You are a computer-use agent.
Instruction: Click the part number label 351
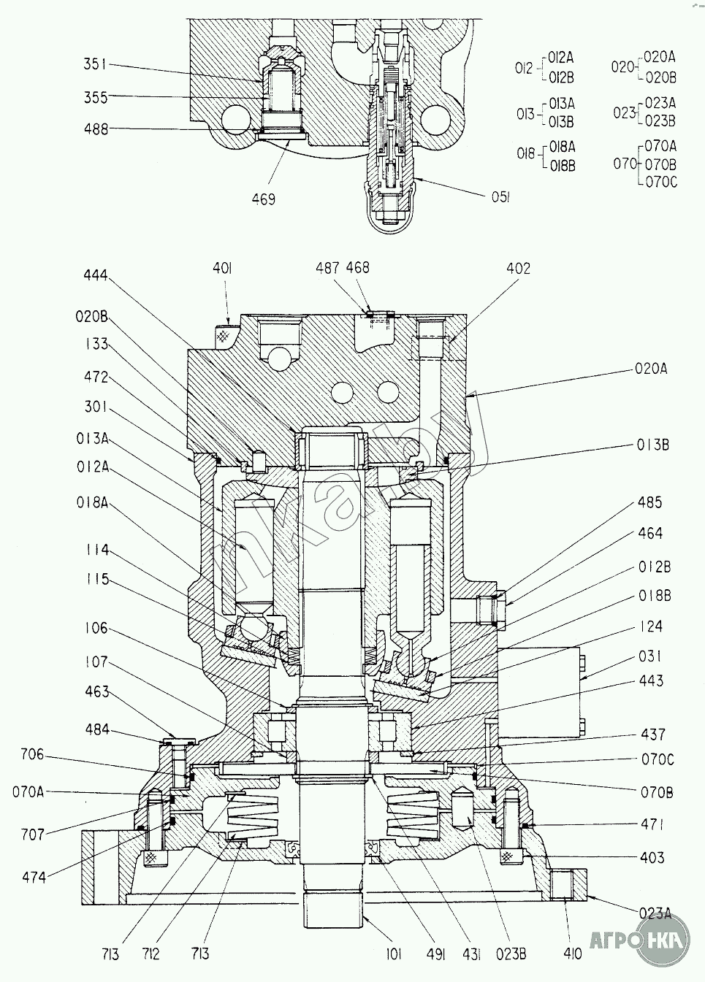click(x=96, y=65)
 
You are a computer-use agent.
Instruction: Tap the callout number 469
click(x=263, y=199)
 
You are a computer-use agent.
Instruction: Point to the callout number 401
click(x=222, y=269)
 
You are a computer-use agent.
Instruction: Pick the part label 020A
click(x=649, y=369)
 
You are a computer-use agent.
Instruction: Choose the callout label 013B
click(x=651, y=445)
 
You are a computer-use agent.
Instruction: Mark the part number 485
click(x=649, y=503)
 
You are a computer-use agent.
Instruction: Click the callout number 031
click(x=650, y=656)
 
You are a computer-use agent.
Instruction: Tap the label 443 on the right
click(x=650, y=681)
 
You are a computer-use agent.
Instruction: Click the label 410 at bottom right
click(x=573, y=954)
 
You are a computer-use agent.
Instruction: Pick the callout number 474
click(x=34, y=878)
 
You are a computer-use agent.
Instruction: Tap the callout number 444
click(x=96, y=275)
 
